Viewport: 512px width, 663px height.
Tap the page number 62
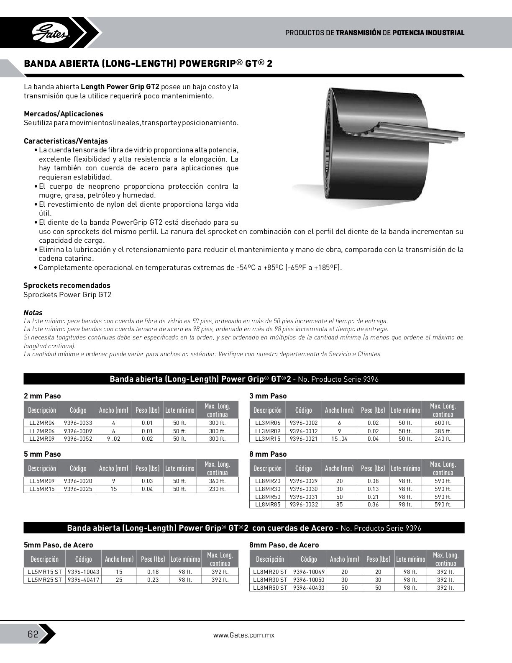coord(33,634)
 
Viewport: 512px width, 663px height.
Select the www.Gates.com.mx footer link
coord(243,635)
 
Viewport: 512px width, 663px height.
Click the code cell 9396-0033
coord(78,423)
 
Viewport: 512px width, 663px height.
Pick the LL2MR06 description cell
coord(42,431)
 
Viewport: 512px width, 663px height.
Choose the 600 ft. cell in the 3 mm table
coord(443,423)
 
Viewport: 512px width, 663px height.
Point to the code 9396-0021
coord(303,439)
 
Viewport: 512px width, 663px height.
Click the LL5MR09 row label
coord(42,481)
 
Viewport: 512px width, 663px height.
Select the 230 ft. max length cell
coord(217,489)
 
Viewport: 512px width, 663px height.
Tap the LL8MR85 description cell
coord(267,505)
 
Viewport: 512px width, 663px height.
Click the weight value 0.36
coord(373,505)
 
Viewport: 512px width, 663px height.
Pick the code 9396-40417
coord(83,580)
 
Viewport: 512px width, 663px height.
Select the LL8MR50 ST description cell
coord(270,588)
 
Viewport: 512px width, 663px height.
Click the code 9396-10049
coord(309,572)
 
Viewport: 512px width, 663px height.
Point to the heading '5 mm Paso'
coord(42,454)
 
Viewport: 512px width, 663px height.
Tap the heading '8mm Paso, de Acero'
coord(284,545)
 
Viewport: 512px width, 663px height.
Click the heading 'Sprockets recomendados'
coord(67,285)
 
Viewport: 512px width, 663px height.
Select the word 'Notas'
coord(33,313)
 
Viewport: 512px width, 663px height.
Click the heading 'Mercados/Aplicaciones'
coord(64,114)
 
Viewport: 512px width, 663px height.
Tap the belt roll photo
coord(376,146)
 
